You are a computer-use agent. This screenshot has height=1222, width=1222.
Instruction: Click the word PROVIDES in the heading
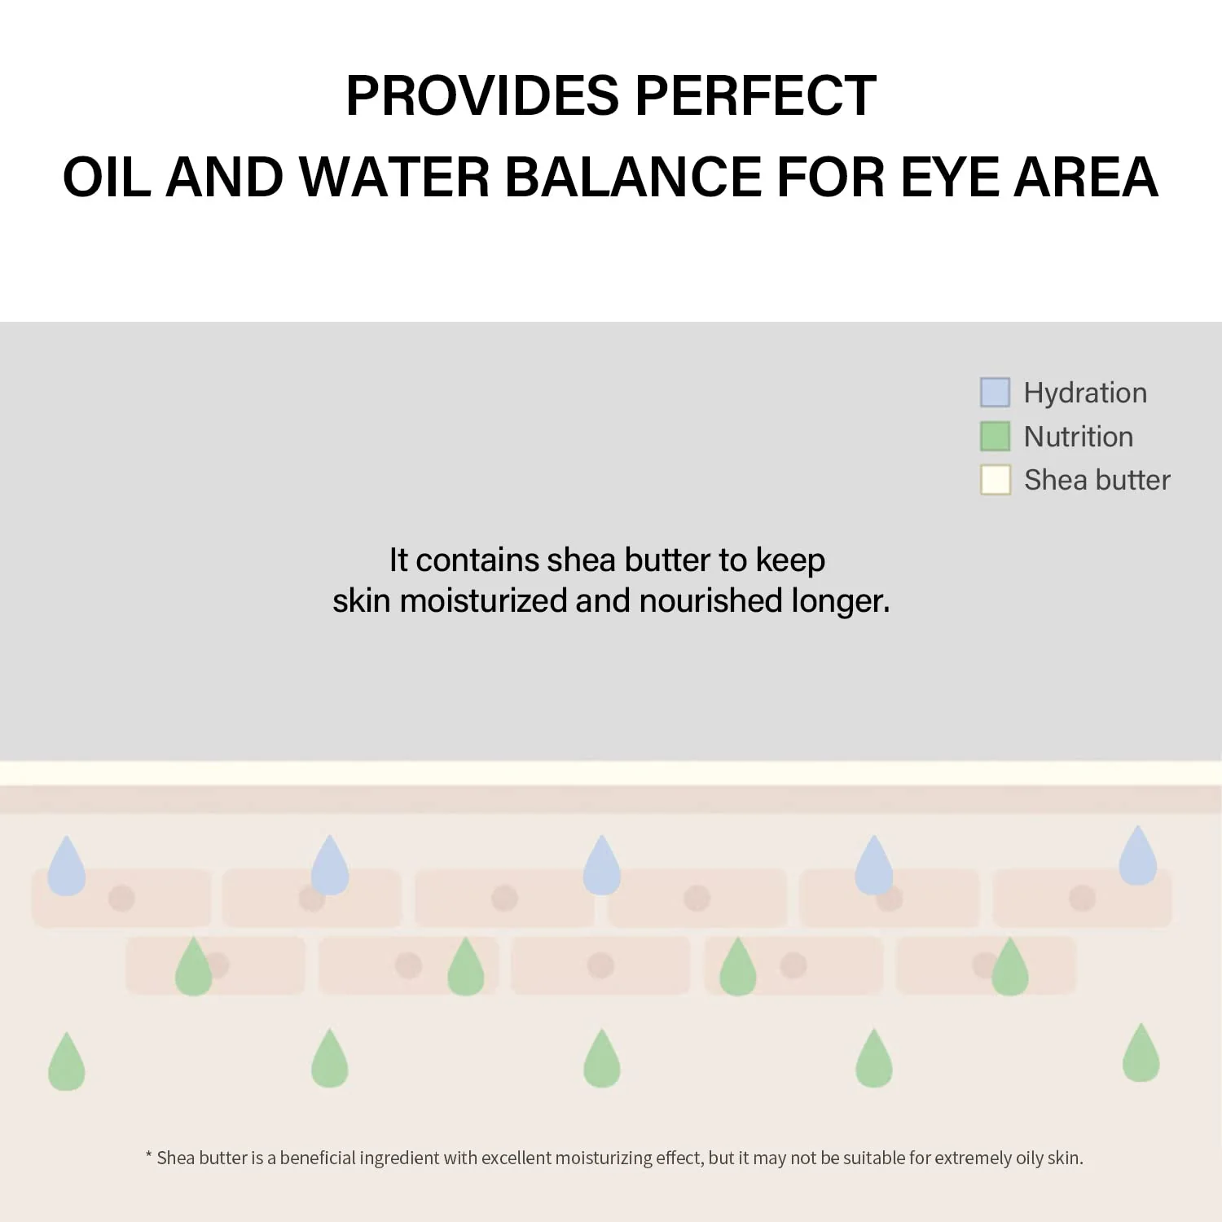pos(482,96)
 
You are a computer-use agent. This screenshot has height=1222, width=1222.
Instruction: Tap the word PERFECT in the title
pos(755,96)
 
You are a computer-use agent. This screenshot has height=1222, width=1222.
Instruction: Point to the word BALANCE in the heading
pos(634,178)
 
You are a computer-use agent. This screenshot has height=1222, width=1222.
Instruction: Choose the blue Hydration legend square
pos(995,393)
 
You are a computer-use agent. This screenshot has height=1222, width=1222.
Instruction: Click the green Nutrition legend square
pos(995,436)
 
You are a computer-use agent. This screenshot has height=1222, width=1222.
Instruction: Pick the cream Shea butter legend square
pos(995,480)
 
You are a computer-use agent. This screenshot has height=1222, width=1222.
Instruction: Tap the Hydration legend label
pos(1085,393)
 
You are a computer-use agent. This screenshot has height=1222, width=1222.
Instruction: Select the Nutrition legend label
pos(1078,437)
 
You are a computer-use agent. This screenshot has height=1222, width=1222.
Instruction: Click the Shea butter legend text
pos(1097,481)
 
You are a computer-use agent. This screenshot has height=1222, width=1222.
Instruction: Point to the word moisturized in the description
pos(483,601)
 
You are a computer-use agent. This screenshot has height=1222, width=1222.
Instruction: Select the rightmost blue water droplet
pos(1138,858)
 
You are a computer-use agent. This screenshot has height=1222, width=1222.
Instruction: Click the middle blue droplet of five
pos(602,867)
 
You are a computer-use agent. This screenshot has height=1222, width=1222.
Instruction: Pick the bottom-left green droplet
pos(67,1063)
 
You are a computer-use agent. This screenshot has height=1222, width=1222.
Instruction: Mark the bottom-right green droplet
pos(1141,1054)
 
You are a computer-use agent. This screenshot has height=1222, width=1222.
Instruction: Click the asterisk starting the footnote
pos(149,1155)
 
